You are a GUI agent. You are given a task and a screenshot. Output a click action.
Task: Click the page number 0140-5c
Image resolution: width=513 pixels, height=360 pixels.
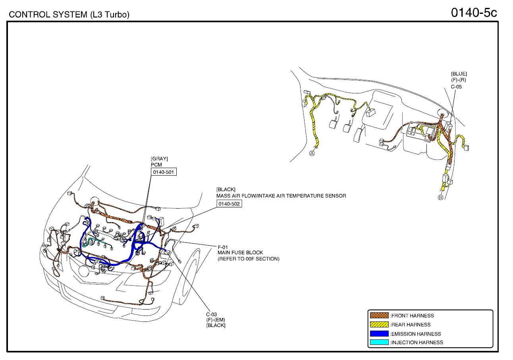coord(474,13)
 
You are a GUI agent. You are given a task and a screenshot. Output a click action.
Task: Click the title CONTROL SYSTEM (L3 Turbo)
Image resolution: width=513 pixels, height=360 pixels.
coord(69,15)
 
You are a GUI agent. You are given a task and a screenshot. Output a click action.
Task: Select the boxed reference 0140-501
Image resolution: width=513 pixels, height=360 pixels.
coord(164,172)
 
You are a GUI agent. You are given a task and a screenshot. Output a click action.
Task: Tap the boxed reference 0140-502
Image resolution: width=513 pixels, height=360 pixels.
coord(229,203)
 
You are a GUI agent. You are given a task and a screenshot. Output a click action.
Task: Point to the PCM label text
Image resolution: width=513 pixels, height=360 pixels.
coord(156,165)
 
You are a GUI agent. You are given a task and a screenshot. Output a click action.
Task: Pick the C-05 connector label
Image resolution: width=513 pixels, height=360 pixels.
coord(456,86)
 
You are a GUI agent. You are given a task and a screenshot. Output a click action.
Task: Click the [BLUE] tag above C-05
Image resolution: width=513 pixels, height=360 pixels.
coord(459,74)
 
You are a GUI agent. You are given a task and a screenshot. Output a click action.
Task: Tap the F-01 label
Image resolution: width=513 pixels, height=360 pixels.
coord(223,247)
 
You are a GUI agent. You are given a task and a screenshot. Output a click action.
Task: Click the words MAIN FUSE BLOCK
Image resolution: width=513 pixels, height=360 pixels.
coord(240,253)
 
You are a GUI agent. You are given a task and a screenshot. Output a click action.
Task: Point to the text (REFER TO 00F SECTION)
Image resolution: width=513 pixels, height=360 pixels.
coord(248,259)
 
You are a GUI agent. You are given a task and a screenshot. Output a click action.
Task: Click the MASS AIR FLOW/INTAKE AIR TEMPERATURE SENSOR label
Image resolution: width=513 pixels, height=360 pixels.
coord(281,195)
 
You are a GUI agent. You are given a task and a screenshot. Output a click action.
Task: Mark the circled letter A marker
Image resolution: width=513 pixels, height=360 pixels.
coord(312,153)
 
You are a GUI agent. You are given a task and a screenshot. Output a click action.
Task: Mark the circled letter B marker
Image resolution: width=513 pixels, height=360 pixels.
coord(440,198)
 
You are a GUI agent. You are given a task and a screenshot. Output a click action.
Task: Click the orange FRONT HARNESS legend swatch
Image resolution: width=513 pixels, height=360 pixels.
coord(379,315)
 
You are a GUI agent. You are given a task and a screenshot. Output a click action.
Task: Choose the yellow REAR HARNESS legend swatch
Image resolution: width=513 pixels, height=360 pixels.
coord(379,325)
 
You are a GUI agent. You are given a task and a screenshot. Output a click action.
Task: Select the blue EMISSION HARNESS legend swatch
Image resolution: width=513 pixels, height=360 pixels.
coord(379,334)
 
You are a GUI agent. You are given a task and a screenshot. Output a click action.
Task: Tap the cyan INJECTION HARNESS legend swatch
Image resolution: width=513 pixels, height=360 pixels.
coord(379,342)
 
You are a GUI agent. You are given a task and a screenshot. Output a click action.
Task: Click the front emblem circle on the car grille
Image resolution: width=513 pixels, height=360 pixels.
coord(84,271)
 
